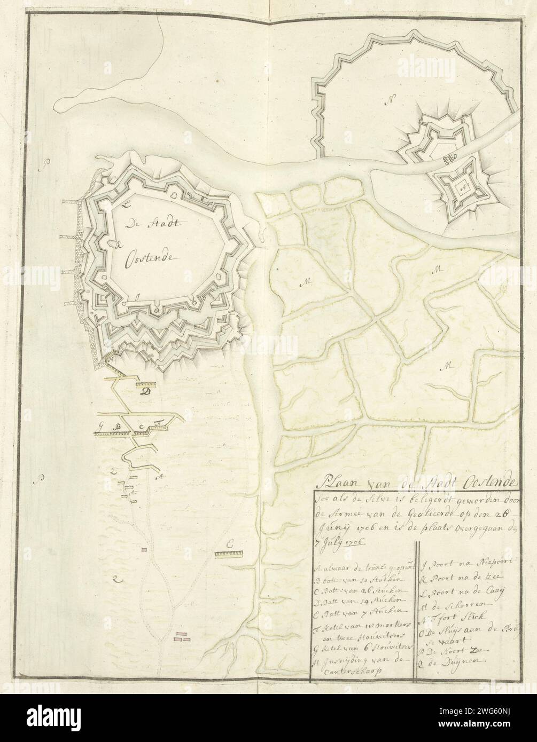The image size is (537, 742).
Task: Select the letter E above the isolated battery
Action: tap(229, 544)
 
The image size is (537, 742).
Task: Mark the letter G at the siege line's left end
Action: tap(100, 426)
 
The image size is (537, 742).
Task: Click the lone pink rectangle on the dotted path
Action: tap(143, 549)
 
